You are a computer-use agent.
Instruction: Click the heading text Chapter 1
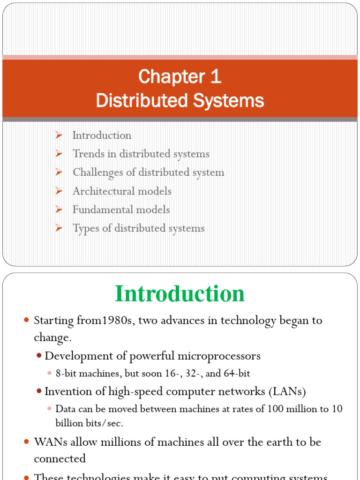click(180, 77)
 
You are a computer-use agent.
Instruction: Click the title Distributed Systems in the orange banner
click(180, 101)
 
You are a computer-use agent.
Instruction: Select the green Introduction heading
click(180, 294)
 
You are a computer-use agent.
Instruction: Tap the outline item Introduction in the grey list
click(102, 135)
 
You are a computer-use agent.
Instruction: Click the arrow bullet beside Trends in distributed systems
click(59, 154)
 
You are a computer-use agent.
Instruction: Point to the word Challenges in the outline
click(96, 172)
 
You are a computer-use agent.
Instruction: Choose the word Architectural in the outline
click(102, 191)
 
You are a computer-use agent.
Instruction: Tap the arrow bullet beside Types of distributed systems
click(59, 228)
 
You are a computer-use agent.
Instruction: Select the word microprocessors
click(223, 356)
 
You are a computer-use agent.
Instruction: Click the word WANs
click(47, 442)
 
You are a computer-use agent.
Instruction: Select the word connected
click(60, 458)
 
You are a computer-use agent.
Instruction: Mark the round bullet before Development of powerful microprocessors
click(39, 356)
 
